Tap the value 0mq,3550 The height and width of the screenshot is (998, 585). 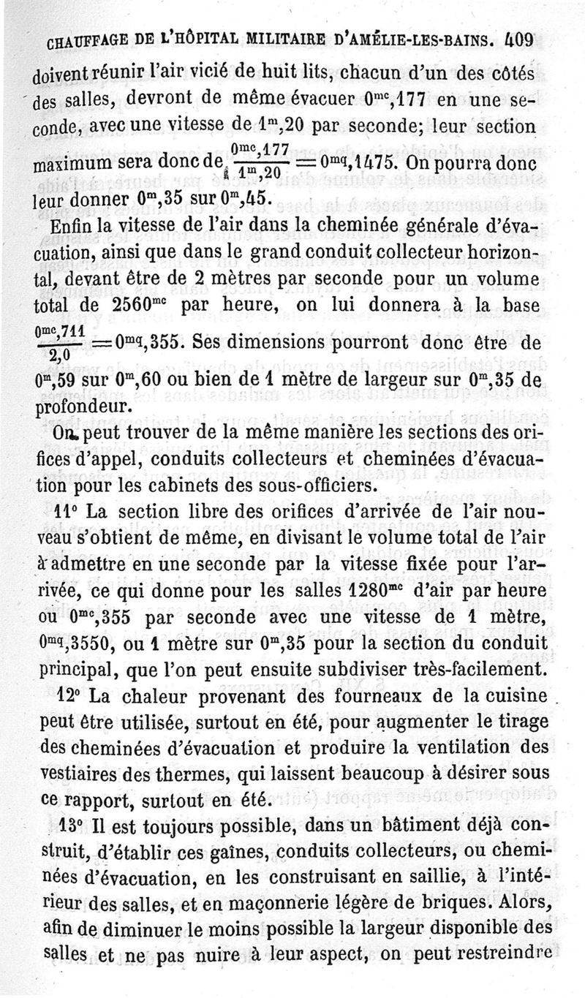[x=63, y=645]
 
